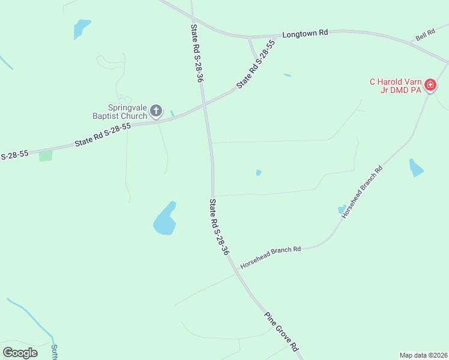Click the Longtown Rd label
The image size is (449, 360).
(306, 34)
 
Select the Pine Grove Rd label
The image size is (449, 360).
(282, 331)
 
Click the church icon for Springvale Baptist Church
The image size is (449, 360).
(156, 110)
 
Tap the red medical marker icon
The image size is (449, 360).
(430, 86)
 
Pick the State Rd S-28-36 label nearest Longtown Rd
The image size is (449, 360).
(197, 53)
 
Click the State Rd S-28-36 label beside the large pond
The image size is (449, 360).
(218, 227)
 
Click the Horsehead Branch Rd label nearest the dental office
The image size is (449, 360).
(362, 191)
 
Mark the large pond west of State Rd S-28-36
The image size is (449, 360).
(164, 219)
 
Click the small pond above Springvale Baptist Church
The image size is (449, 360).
(80, 28)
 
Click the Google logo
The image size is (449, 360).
(20, 352)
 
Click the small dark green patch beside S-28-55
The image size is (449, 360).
(46, 156)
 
